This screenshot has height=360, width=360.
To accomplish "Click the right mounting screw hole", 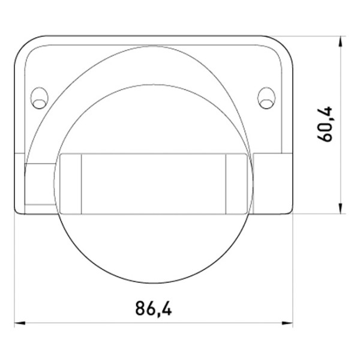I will pos(266,98).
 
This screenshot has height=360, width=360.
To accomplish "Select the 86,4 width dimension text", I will pos(153,309).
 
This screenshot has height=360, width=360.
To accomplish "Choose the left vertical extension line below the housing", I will pos(14,270).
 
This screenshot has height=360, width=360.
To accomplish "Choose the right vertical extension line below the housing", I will pos(293,270).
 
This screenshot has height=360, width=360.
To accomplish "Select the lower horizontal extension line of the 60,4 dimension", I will pos(318,214).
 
